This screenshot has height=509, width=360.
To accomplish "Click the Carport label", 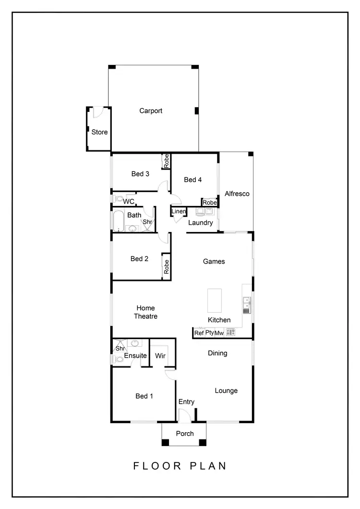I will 151,111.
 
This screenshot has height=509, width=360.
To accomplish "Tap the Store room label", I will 100,132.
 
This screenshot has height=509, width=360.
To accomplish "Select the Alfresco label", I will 237,194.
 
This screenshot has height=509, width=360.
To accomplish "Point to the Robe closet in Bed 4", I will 209,203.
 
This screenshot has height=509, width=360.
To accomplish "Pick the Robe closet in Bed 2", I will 167,266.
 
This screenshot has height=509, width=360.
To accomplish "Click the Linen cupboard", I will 178,212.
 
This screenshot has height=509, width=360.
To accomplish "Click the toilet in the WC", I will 118,199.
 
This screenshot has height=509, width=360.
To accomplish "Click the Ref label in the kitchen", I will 199,333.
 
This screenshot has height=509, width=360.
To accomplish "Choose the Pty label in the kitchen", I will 209,333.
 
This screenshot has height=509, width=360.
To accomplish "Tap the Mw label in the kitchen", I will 219,333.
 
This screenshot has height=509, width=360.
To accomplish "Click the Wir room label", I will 160,356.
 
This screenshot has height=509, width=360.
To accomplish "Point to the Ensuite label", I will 135,356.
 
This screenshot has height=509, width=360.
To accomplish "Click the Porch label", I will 185,434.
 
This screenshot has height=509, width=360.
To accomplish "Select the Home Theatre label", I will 145,312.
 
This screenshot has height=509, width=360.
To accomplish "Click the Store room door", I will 97,112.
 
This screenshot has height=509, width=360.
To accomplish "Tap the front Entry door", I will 184,416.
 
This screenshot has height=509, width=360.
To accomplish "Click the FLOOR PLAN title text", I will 180,466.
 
